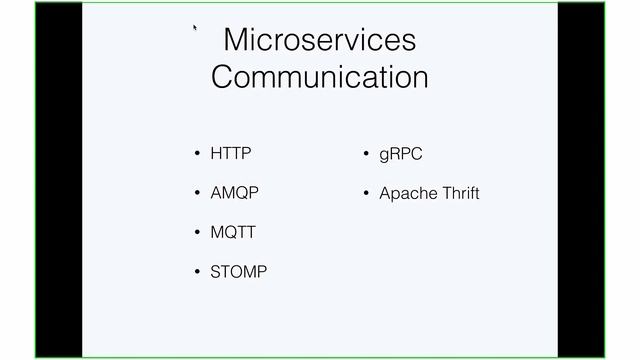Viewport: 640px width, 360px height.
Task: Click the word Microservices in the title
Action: pyautogui.click(x=319, y=40)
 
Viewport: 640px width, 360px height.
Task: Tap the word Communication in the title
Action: pyautogui.click(x=319, y=77)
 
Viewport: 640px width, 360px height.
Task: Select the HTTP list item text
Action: pyautogui.click(x=231, y=154)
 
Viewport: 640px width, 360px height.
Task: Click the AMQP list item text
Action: pyautogui.click(x=234, y=193)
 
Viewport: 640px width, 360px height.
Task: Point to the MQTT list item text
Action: pyautogui.click(x=233, y=232)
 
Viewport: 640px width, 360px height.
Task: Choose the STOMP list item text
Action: pyautogui.click(x=239, y=271)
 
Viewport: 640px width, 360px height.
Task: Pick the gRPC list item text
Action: pyautogui.click(x=401, y=155)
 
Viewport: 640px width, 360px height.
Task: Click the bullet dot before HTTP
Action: pyautogui.click(x=197, y=155)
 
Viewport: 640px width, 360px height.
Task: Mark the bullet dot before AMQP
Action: pyautogui.click(x=197, y=194)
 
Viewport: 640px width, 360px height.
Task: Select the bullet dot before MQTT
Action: pyautogui.click(x=197, y=233)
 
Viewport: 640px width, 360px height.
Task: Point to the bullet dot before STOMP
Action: pyautogui.click(x=197, y=272)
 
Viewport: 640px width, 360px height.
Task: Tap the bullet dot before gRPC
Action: pyautogui.click(x=367, y=155)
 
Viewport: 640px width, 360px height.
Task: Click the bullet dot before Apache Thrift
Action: pyautogui.click(x=367, y=194)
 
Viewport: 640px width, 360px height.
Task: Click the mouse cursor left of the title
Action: pyautogui.click(x=195, y=30)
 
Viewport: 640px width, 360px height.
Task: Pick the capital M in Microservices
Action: pyautogui.click(x=236, y=40)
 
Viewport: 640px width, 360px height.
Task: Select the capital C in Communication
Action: pyautogui.click(x=224, y=77)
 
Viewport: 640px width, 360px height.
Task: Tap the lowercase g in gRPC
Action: pyautogui.click(x=384, y=156)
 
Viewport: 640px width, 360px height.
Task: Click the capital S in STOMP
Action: pyautogui.click(x=216, y=271)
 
